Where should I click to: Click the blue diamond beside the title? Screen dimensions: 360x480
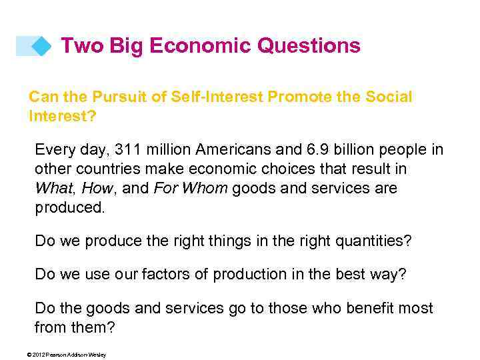pyautogui.click(x=42, y=46)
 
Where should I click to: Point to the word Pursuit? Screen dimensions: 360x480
pyautogui.click(x=110, y=97)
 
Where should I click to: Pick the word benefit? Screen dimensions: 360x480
pyautogui.click(x=369, y=309)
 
